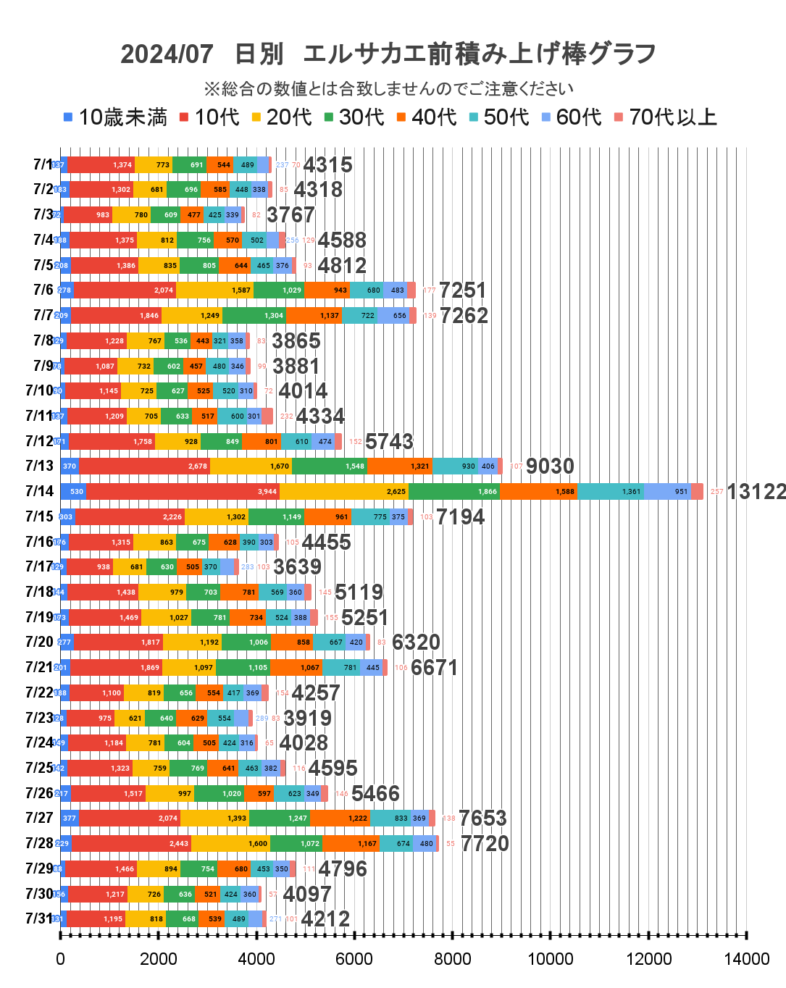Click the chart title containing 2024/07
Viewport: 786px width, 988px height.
coord(388,54)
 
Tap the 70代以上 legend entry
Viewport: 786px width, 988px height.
coord(666,117)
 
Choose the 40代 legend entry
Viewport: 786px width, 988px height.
coord(427,117)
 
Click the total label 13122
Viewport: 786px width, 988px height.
coord(756,492)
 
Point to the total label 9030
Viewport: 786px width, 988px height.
coord(550,466)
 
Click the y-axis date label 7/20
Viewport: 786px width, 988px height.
coord(39,642)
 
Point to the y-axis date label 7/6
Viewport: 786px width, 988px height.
coord(43,290)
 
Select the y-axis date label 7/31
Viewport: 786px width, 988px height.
coord(39,918)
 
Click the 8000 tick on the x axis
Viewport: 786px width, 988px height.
coord(453,959)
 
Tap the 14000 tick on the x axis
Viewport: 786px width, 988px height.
coord(747,959)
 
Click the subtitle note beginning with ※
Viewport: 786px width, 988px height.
coord(388,89)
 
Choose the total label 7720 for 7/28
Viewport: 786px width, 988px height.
coord(485,843)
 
